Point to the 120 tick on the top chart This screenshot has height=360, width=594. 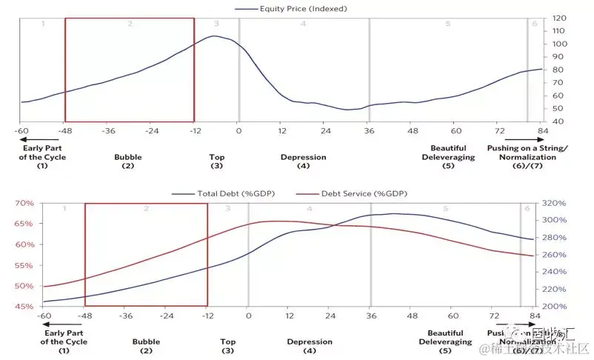560,18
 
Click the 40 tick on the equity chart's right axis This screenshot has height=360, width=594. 558,121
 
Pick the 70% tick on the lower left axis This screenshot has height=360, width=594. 24,203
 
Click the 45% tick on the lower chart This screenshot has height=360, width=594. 24,307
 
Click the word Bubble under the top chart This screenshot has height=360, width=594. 128,157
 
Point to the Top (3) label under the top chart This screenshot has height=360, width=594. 217,161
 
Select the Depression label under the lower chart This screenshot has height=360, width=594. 310,342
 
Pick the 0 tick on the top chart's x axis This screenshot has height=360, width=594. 238,130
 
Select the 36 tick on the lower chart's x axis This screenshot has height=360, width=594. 370,316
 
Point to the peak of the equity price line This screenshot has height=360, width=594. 215,36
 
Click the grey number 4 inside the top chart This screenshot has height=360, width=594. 303,24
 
